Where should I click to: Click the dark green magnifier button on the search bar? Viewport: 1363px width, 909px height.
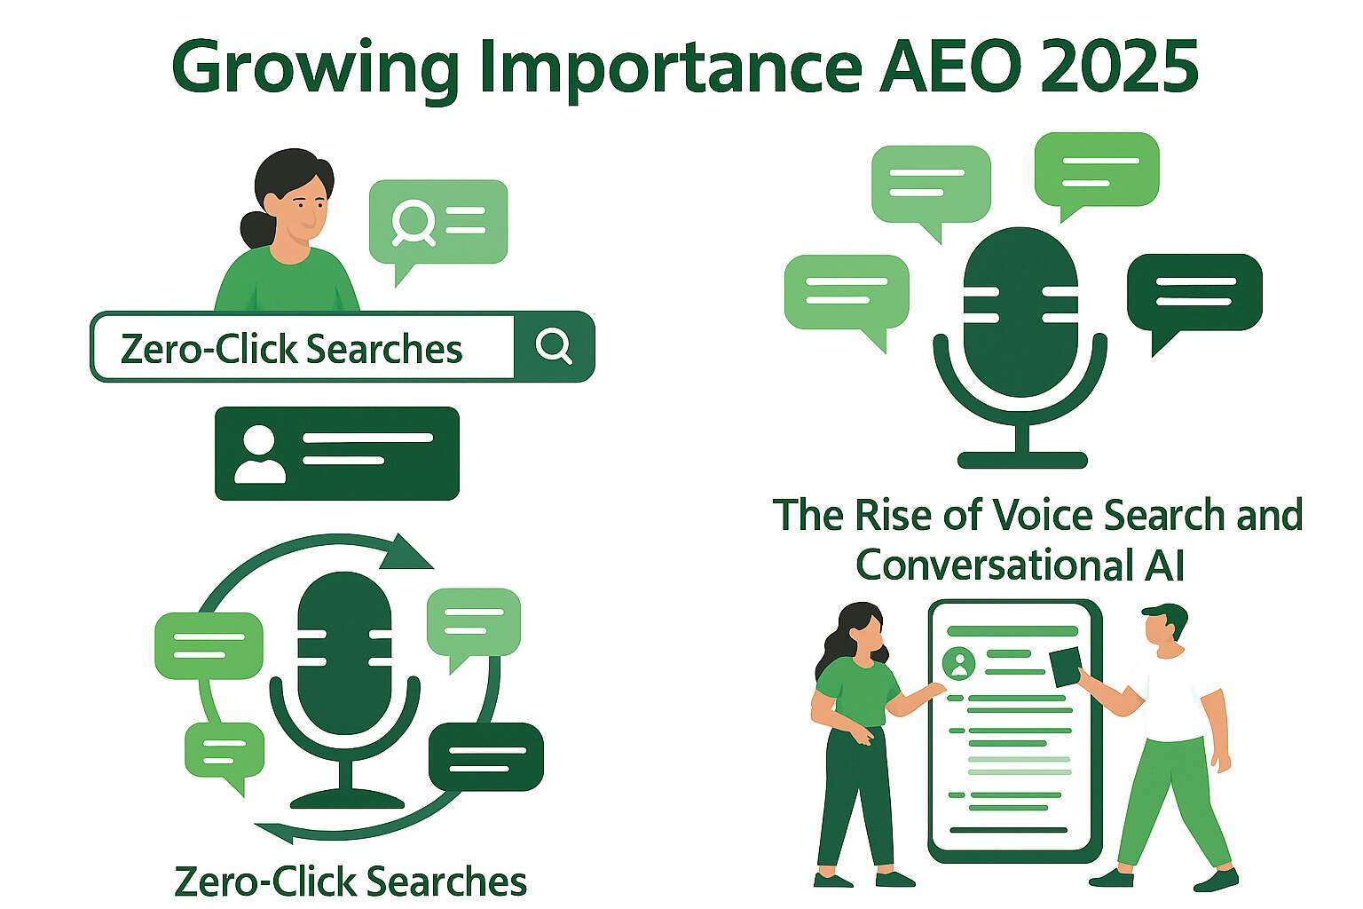[x=555, y=346]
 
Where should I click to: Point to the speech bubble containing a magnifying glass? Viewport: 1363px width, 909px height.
[x=438, y=222]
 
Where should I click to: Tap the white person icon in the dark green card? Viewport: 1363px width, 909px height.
[x=259, y=454]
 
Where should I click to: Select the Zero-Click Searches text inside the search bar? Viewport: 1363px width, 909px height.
[x=291, y=349]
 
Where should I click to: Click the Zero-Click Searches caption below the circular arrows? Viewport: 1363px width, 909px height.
[x=351, y=881]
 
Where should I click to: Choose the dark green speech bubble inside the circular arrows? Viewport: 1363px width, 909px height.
[x=486, y=756]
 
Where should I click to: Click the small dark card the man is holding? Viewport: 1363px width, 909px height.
[x=1066, y=667]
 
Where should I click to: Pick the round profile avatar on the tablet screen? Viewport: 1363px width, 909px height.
[x=958, y=663]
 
